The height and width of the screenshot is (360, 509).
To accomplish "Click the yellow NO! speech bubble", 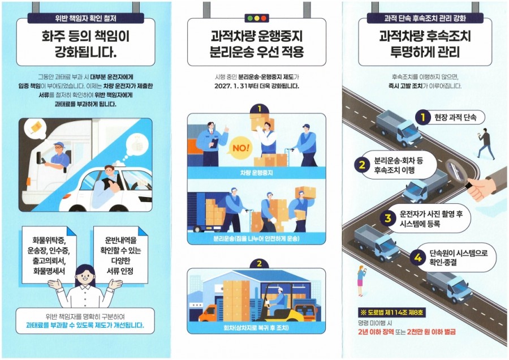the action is pyautogui.click(x=241, y=148).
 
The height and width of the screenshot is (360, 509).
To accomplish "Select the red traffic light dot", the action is pyautogui.click(x=263, y=19).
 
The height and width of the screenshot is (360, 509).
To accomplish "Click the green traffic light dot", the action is pyautogui.click(x=251, y=19).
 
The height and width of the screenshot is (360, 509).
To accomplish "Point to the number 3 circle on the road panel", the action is pyautogui.click(x=387, y=218).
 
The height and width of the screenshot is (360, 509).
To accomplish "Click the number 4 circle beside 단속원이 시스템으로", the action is pyautogui.click(x=418, y=258).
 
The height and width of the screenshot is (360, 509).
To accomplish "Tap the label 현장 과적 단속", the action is pyautogui.click(x=455, y=117).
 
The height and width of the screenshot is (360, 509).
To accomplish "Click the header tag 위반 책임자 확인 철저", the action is pyautogui.click(x=86, y=18).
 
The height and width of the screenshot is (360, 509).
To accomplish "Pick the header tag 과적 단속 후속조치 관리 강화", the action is pyautogui.click(x=425, y=18).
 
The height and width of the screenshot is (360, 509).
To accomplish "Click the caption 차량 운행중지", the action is pyautogui.click(x=256, y=173).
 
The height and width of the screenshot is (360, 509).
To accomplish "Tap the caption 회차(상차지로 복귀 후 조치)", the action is pyautogui.click(x=256, y=328).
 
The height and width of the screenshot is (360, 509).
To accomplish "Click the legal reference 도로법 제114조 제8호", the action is pyautogui.click(x=391, y=312).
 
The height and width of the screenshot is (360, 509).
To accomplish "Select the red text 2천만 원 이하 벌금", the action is pyautogui.click(x=431, y=332).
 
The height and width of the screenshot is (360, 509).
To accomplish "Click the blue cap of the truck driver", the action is pyautogui.click(x=59, y=144).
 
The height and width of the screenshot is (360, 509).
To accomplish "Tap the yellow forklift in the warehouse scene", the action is pyautogui.click(x=282, y=304).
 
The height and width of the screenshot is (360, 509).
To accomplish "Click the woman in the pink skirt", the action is pyautogui.click(x=360, y=280).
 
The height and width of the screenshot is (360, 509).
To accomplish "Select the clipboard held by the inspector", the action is pyautogui.click(x=214, y=143).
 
